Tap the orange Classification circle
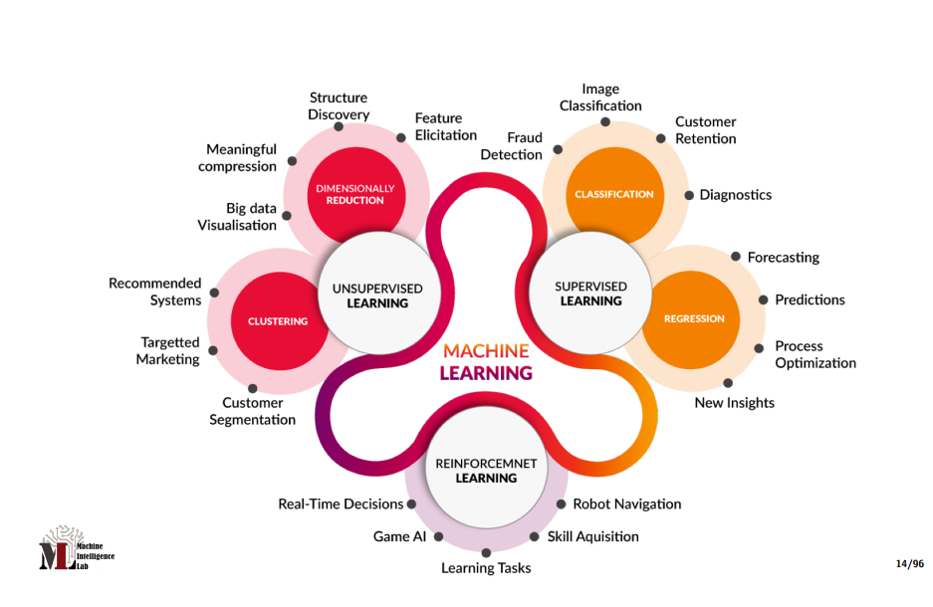(x=614, y=194)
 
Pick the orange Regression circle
(x=694, y=318)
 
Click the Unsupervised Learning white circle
(x=376, y=295)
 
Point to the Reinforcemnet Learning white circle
(x=486, y=470)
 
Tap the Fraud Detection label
(x=511, y=145)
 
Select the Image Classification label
(x=600, y=98)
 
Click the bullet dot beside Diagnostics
(x=689, y=195)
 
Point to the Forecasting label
(x=783, y=257)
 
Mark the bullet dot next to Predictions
(x=764, y=300)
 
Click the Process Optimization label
(x=815, y=354)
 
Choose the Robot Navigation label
(x=626, y=504)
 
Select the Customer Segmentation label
(x=252, y=411)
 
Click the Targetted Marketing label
(x=168, y=350)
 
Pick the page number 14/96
(x=909, y=564)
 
